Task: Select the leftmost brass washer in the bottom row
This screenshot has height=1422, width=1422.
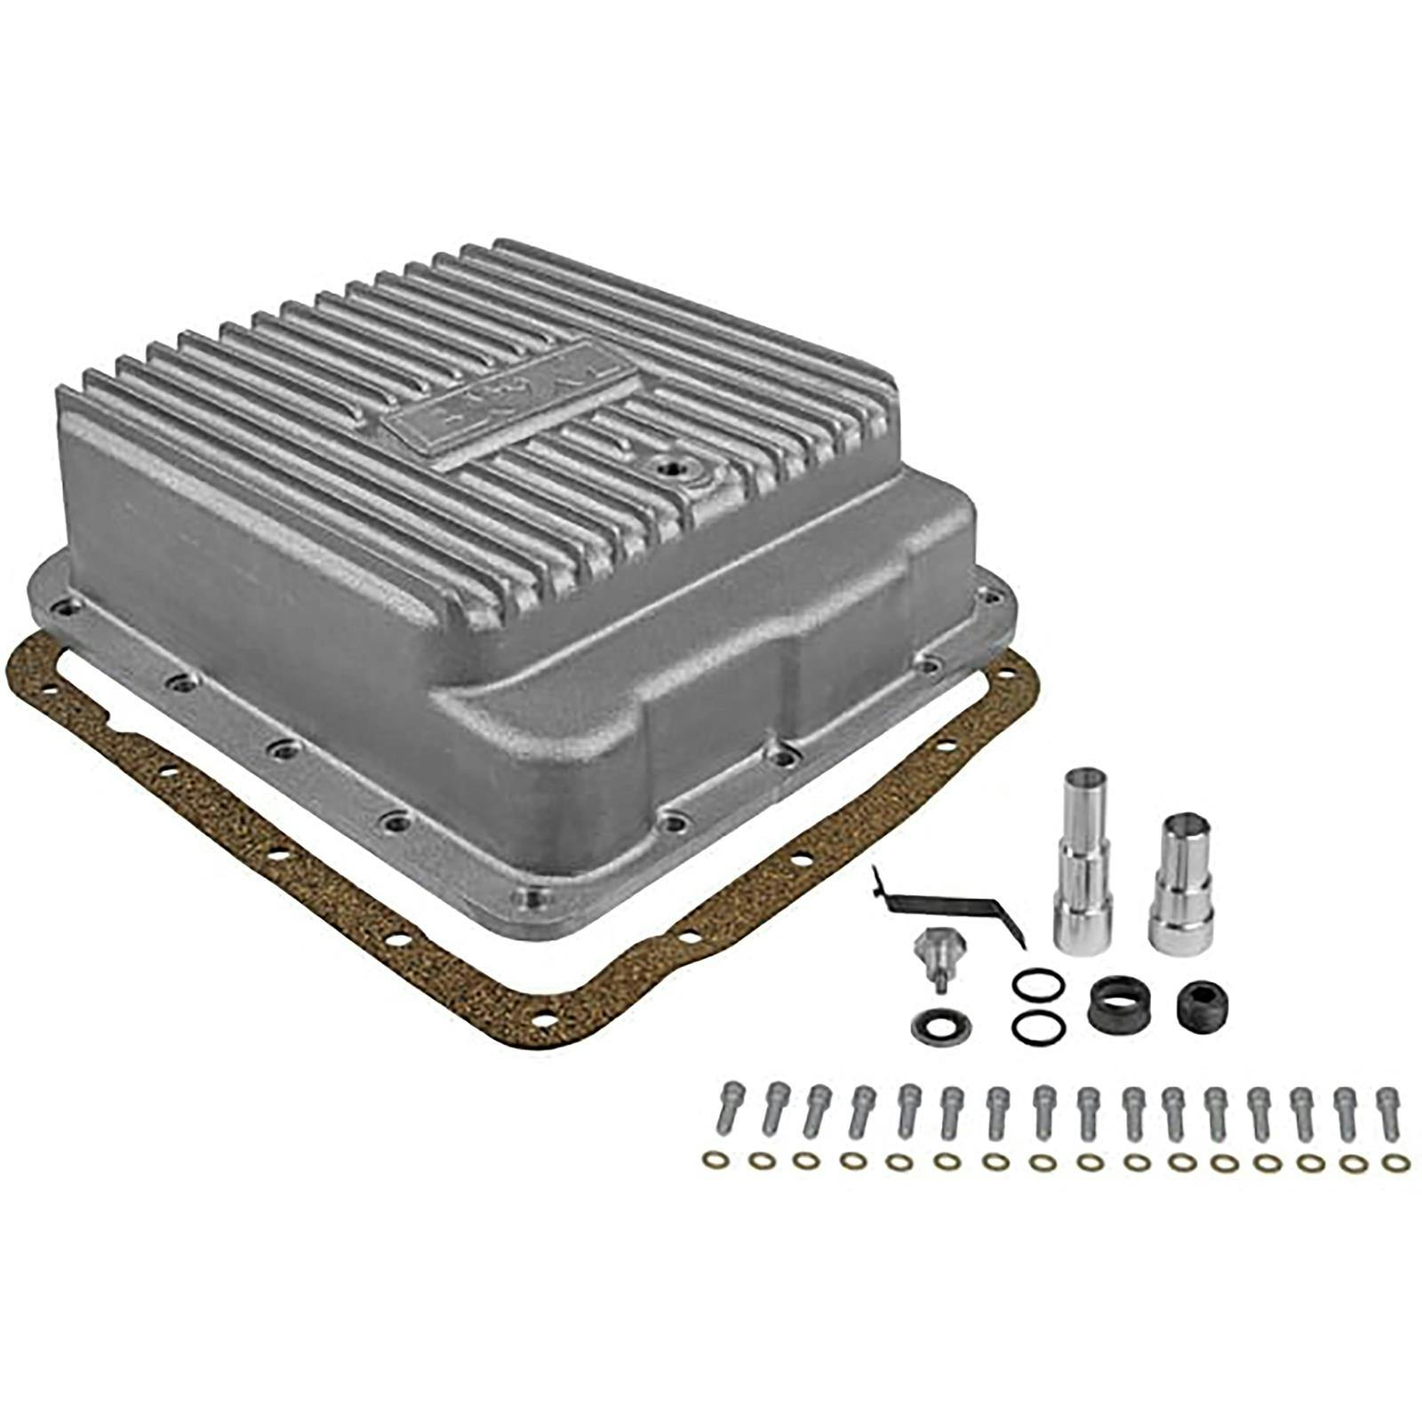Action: point(713,1160)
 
